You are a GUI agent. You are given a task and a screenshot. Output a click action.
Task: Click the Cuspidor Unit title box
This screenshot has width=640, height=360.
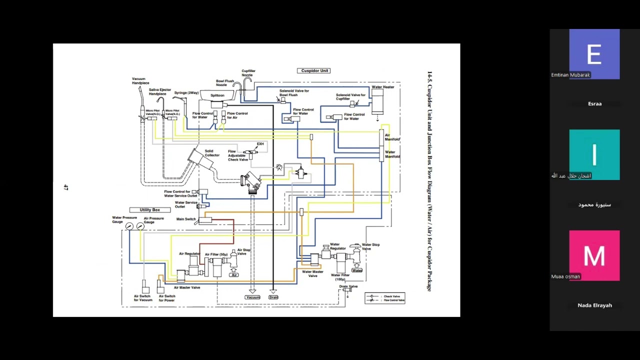[x=314, y=70]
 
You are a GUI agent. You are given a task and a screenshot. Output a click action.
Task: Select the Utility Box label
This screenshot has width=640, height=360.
[x=149, y=210]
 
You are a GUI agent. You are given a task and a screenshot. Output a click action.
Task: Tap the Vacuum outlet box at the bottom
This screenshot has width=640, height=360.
[x=252, y=297]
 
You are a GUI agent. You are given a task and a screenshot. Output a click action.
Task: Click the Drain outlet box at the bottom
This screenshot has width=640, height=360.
[x=273, y=297]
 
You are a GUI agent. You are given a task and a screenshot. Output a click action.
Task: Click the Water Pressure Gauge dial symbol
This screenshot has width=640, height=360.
[x=129, y=226]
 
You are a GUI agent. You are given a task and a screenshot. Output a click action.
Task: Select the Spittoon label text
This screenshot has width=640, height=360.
[x=217, y=95]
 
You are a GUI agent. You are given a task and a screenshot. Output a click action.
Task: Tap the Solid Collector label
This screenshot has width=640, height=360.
[x=211, y=153]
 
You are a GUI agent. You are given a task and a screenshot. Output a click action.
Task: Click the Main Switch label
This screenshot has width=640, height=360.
[x=186, y=219]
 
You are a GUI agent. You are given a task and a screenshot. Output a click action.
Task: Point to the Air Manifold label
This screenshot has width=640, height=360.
[x=392, y=137]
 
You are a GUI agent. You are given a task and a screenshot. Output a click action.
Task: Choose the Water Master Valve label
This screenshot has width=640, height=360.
[x=312, y=274]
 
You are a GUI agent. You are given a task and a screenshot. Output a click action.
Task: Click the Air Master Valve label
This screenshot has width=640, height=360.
[x=187, y=287]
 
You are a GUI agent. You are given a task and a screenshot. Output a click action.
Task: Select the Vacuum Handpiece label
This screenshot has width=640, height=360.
[x=140, y=81]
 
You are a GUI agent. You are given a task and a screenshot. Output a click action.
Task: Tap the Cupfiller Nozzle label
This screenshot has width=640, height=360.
[x=248, y=73]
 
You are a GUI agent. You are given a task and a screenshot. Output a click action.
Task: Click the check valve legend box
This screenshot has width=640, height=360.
[x=385, y=298]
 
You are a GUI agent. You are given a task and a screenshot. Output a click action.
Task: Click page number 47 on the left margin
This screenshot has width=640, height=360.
[x=65, y=187]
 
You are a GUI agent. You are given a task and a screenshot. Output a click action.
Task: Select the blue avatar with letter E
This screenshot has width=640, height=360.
[x=594, y=53]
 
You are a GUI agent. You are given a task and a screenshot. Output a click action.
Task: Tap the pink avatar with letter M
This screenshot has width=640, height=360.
[x=594, y=255]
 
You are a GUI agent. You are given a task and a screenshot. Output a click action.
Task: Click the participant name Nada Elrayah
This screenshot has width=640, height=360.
[x=594, y=305]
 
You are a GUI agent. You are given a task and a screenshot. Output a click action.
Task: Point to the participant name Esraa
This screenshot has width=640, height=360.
[x=594, y=103]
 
